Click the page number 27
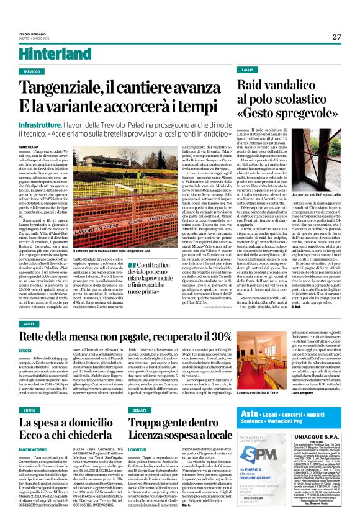[x=336, y=37]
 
